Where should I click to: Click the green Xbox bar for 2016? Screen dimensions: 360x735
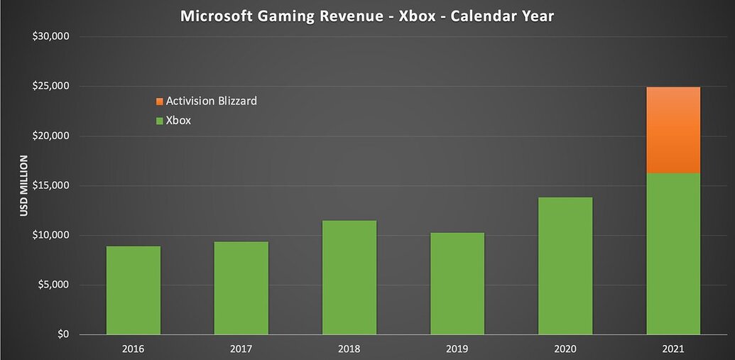(133, 290)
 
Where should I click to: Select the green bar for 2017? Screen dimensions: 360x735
(241, 288)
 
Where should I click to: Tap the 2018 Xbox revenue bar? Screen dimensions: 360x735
(349, 278)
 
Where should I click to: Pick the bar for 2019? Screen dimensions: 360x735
(457, 283)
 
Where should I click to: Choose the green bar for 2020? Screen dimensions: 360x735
(565, 266)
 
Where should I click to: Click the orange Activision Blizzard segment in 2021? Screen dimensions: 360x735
(673, 130)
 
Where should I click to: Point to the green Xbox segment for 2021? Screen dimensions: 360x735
(673, 253)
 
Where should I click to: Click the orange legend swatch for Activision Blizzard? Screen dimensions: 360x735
(159, 102)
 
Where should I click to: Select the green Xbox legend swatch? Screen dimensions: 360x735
(159, 121)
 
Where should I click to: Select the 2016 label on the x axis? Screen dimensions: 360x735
(133, 348)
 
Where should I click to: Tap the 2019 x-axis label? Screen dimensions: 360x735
(457, 348)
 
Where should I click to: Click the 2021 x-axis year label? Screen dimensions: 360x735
(673, 348)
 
